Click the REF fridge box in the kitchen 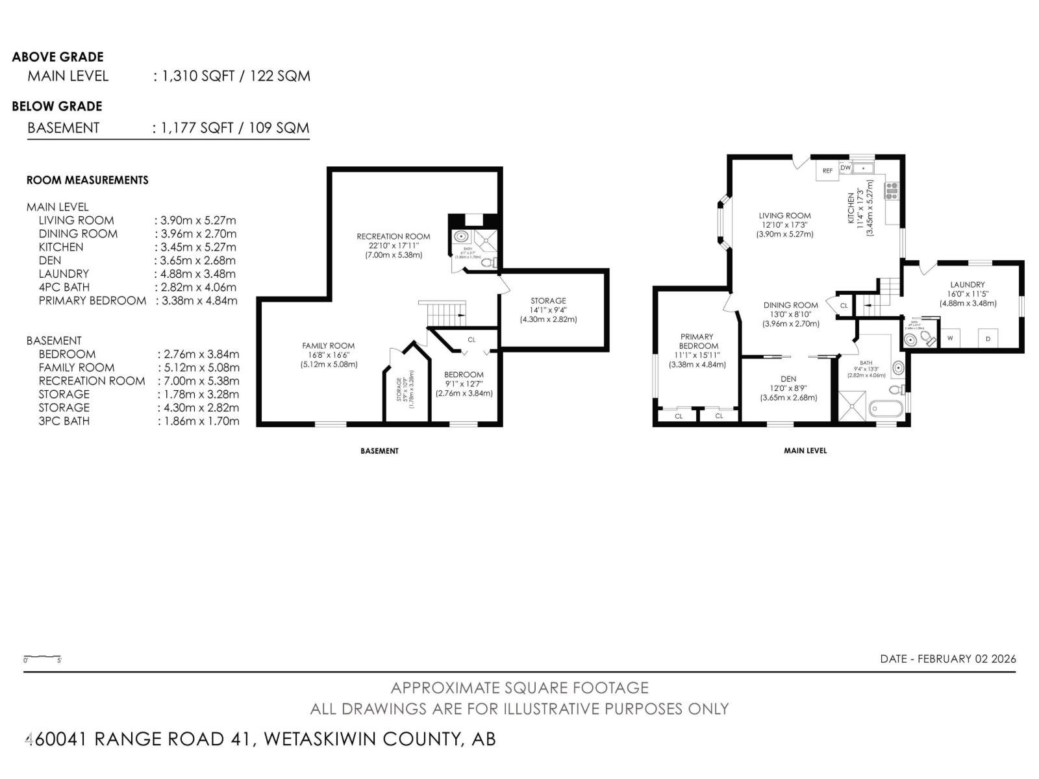point(827,171)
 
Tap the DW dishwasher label point(845,167)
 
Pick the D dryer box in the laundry point(988,338)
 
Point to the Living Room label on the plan point(784,216)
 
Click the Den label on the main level point(788,379)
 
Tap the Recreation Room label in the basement point(394,236)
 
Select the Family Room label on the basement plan point(329,346)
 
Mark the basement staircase point(442,314)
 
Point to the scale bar point(43,658)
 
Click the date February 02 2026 point(948,658)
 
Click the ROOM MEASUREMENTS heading point(87,180)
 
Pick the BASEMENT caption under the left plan point(379,451)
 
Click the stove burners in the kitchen point(890,190)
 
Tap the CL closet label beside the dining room point(844,305)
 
